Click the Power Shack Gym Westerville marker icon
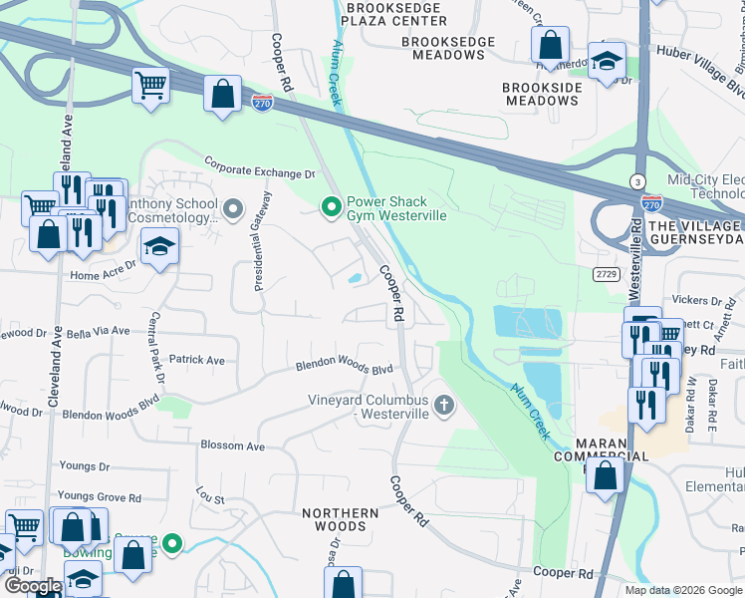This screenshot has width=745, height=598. (332, 206)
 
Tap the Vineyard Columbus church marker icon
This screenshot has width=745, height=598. (444, 405)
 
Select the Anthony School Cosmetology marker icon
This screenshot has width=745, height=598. (233, 208)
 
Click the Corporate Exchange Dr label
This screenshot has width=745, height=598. (259, 165)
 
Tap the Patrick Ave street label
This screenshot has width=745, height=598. (196, 360)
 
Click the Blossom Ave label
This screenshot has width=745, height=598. (232, 447)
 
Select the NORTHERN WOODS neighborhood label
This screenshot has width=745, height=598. (340, 519)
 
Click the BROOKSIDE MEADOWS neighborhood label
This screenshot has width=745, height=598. (541, 95)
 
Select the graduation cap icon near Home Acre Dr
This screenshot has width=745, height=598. (159, 245)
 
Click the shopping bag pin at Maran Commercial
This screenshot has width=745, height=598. (605, 474)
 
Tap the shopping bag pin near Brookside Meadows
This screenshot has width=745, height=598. (549, 44)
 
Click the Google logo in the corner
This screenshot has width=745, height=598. (33, 586)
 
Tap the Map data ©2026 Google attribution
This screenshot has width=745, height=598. (681, 590)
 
